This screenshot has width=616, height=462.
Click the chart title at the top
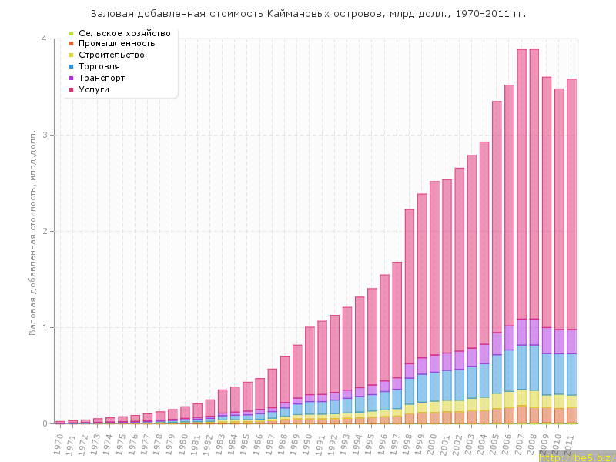(308, 14)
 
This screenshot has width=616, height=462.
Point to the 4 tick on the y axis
(44, 38)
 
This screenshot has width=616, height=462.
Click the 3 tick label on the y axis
(44, 135)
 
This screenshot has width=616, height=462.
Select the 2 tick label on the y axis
(44, 231)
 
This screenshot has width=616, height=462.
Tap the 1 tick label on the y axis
(44, 327)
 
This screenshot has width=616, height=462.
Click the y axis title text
(33, 231)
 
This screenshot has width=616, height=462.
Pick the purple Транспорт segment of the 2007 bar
(521, 332)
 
